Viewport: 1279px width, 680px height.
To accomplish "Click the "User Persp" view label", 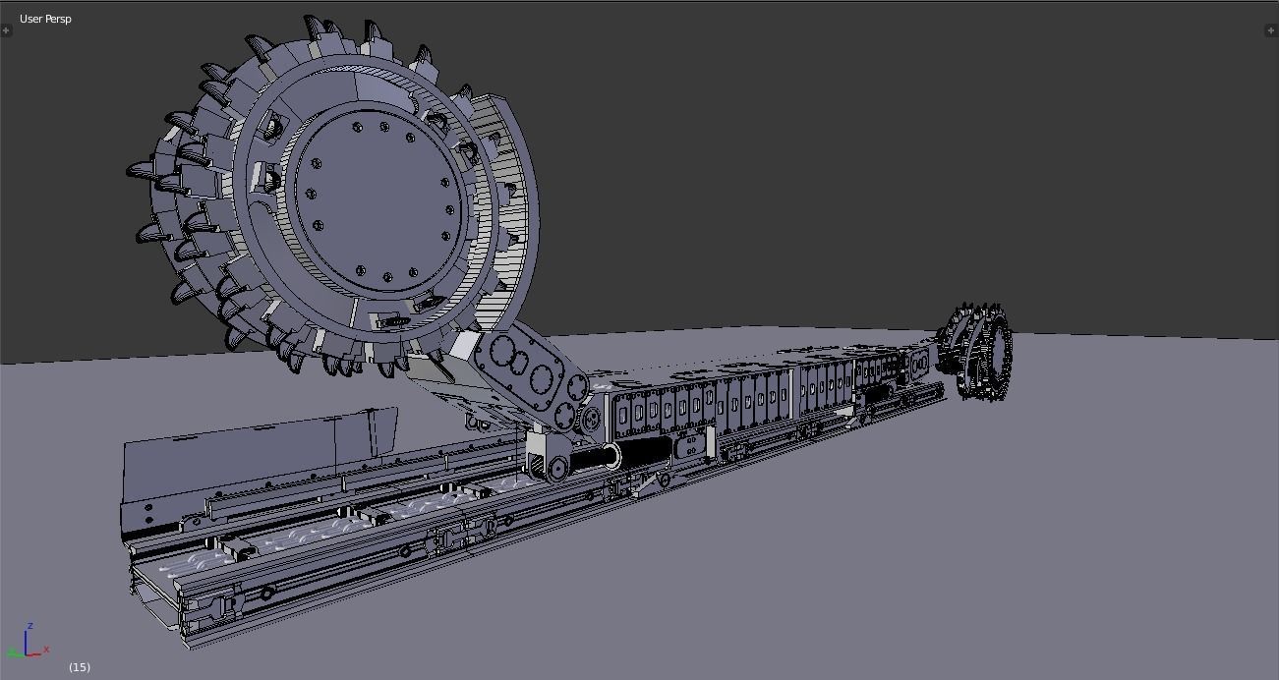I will coord(45,19).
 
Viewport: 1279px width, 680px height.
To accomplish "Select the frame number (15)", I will coord(80,667).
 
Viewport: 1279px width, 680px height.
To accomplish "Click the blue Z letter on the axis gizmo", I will coord(31,626).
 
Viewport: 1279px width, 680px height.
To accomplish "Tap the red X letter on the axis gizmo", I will coord(46,650).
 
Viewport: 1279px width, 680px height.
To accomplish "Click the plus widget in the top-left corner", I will coord(6,30).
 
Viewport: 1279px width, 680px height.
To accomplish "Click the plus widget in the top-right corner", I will coord(1272,30).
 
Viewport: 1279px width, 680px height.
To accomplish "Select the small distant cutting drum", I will coord(976,354).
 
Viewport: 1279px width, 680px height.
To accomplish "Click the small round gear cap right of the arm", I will coord(591,420).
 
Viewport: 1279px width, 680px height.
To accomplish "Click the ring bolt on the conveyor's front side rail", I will coord(266,593).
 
